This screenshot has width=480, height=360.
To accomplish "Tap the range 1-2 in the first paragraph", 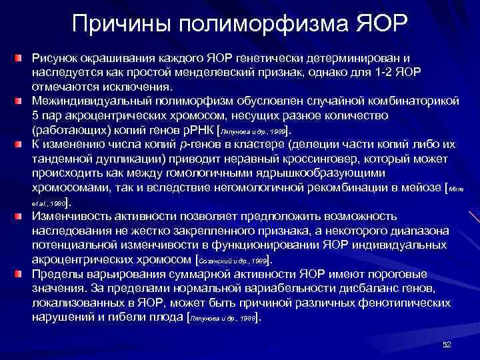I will (407, 73).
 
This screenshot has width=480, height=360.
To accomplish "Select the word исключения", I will (142, 87).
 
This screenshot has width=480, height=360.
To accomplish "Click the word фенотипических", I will (399, 303).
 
